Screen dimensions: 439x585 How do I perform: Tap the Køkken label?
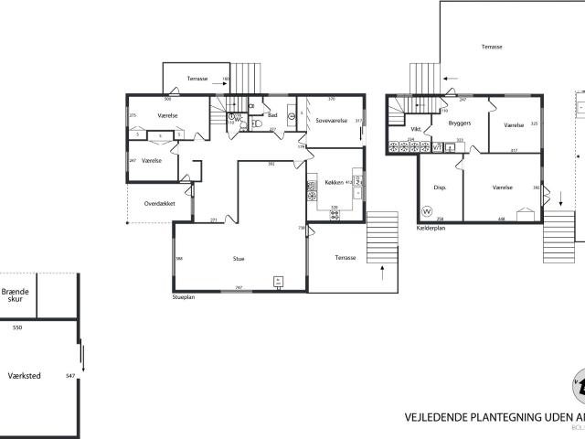(335, 183)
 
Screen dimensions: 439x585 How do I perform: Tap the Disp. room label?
(439, 187)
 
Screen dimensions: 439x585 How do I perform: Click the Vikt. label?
(415, 129)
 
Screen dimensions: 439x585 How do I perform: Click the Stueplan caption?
(185, 297)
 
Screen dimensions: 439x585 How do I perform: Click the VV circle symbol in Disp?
(426, 211)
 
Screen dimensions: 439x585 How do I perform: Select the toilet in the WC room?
(257, 120)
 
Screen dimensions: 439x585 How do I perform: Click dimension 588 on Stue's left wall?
(179, 259)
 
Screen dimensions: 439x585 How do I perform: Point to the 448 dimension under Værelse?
(502, 219)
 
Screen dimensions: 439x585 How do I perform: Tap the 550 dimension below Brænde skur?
(16, 327)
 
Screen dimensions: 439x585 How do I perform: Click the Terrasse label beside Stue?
(346, 257)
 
